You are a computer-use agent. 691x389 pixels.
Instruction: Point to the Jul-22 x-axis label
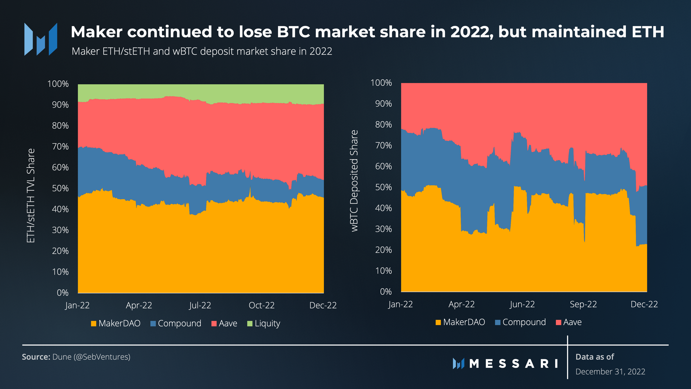pos(200,305)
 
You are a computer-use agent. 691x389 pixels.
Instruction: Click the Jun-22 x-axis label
pos(522,304)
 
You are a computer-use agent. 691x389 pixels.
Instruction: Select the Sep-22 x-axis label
pos(583,304)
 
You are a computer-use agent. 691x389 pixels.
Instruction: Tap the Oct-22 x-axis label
pos(262,305)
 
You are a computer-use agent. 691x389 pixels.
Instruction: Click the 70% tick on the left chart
pos(60,147)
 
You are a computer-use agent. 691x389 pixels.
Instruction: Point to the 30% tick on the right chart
pos(384,229)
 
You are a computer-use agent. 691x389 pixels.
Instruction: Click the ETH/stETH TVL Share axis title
pos(31,196)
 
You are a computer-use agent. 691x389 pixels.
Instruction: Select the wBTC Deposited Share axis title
pos(354,181)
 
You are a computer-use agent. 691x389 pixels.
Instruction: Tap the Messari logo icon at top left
pos(41,39)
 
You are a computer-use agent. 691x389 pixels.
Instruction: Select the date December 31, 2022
pos(610,372)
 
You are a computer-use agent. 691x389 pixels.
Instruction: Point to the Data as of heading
pos(595,357)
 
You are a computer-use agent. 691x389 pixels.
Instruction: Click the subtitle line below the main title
pos(202,51)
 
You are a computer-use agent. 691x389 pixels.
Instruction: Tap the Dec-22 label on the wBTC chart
pos(644,304)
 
